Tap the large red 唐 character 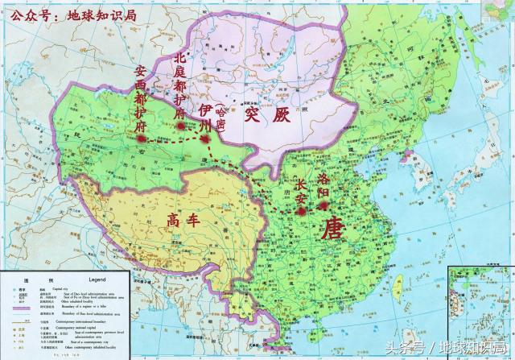click(333, 229)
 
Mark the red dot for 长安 click(301, 211)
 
